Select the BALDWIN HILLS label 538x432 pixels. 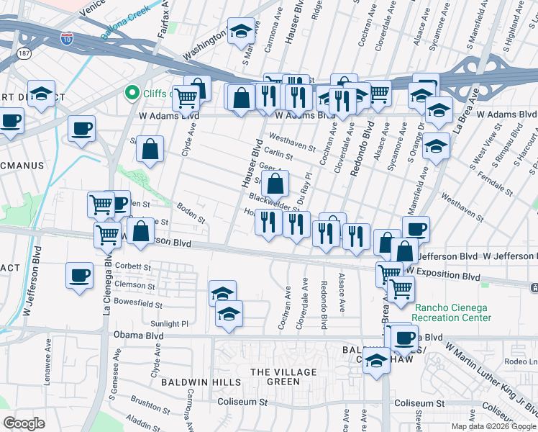tap(189, 381)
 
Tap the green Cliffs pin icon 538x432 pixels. tap(131, 92)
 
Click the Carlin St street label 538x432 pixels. tap(278, 155)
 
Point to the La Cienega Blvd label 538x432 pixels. tap(107, 287)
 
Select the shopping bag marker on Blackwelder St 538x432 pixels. tap(275, 186)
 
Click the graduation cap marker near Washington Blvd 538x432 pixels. tap(242, 32)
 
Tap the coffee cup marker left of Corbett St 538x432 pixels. tap(79, 275)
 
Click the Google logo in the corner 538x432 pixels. tap(24, 423)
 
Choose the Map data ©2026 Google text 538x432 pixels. tap(493, 426)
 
